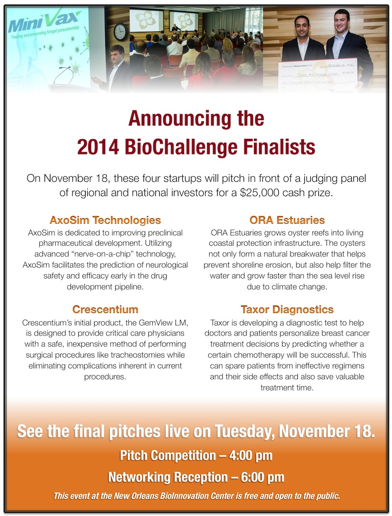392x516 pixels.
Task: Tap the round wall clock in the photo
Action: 120,31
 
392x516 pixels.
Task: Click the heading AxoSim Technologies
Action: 105,220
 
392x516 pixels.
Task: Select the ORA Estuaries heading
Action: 287,220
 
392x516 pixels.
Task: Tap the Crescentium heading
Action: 105,310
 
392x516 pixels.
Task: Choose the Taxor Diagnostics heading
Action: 287,310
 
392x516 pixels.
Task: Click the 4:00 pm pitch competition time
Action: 250,455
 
